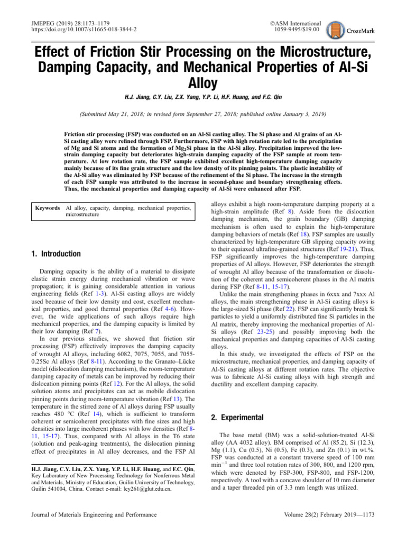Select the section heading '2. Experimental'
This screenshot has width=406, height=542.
click(x=238, y=418)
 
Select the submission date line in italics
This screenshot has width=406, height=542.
click(x=203, y=114)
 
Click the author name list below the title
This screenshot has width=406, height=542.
click(x=203, y=98)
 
